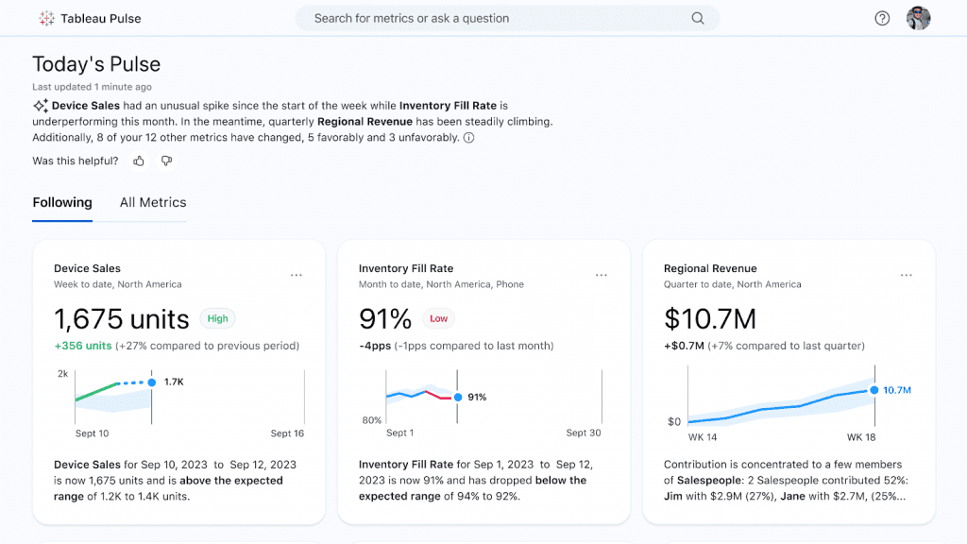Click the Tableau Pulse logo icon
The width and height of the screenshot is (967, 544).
pyautogui.click(x=46, y=18)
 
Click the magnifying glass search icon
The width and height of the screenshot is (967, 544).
pyautogui.click(x=698, y=18)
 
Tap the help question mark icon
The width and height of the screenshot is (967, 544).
pyautogui.click(x=882, y=18)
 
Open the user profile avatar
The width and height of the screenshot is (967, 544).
pyautogui.click(x=918, y=18)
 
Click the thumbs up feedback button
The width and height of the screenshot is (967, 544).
pyautogui.click(x=139, y=161)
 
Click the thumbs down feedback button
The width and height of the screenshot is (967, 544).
pyautogui.click(x=166, y=161)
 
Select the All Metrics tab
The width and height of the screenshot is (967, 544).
pyautogui.click(x=153, y=202)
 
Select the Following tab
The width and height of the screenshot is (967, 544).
pyautogui.click(x=62, y=202)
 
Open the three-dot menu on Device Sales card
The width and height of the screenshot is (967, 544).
pyautogui.click(x=297, y=275)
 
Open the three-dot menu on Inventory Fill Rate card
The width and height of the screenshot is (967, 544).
pyautogui.click(x=602, y=275)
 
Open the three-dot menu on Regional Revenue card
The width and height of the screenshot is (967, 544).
pyautogui.click(x=907, y=275)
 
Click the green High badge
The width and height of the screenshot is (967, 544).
pyautogui.click(x=218, y=318)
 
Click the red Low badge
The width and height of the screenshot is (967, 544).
pyautogui.click(x=438, y=318)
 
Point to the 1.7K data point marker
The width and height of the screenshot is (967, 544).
pyautogui.click(x=151, y=382)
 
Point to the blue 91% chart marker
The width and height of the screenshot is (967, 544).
pyautogui.click(x=458, y=398)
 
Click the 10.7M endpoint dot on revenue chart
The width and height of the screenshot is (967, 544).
pyautogui.click(x=874, y=390)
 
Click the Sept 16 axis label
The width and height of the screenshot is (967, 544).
pyautogui.click(x=287, y=433)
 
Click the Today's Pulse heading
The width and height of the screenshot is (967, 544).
pyautogui.click(x=96, y=64)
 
